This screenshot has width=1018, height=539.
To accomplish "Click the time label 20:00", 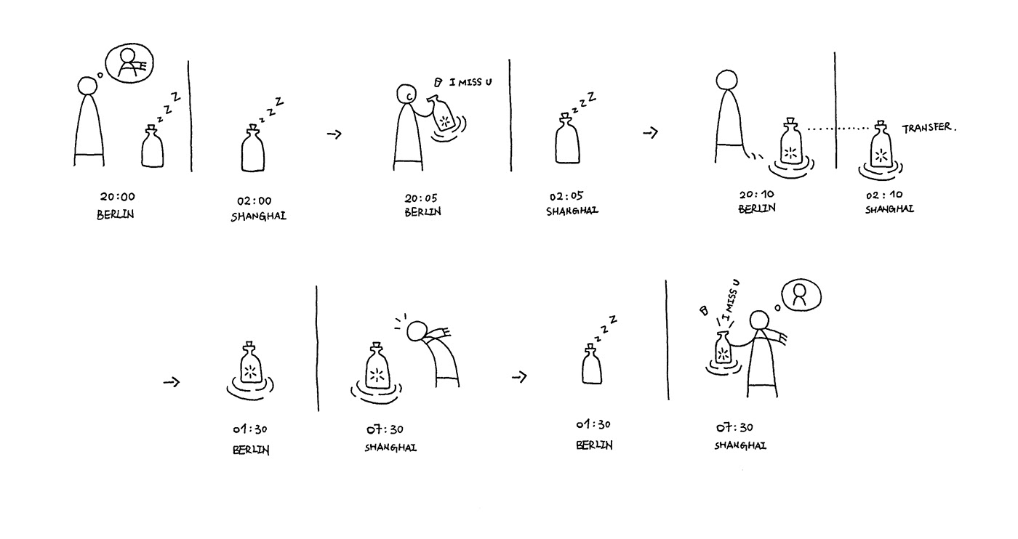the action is click(x=118, y=197).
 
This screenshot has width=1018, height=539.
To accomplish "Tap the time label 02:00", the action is click(x=254, y=200).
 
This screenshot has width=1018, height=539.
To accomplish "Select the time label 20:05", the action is click(x=421, y=198).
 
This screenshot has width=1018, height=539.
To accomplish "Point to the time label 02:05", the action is click(x=566, y=196).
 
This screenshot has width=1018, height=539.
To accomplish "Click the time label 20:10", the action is click(x=757, y=195).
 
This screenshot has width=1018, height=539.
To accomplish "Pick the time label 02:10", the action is click(x=884, y=195).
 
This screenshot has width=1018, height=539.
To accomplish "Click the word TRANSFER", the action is click(x=927, y=128).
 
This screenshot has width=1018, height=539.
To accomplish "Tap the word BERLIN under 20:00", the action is click(x=116, y=214).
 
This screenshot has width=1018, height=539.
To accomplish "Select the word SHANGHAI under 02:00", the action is click(x=259, y=216).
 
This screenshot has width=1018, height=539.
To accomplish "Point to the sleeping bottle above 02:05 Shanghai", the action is click(x=567, y=139).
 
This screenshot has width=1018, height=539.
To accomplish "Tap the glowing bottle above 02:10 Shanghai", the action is click(x=881, y=145).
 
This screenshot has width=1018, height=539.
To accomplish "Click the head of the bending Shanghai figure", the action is click(x=417, y=331).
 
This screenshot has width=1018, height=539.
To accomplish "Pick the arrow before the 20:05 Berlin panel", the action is click(x=334, y=134).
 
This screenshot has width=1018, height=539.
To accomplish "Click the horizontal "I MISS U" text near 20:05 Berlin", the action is click(x=470, y=82).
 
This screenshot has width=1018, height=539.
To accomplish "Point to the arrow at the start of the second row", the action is click(x=172, y=382).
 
